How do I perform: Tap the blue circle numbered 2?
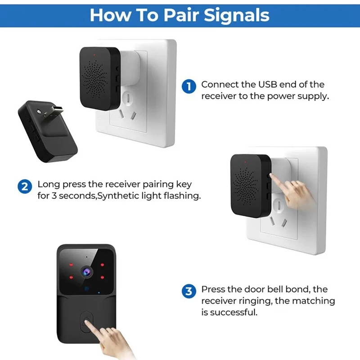25,186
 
